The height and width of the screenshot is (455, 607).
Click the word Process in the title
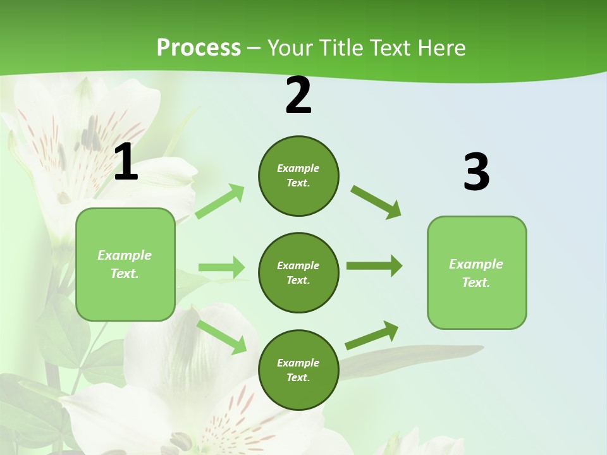199,48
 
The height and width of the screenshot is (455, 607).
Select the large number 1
126,162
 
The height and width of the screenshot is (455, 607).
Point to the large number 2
298,96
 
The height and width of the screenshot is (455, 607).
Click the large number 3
476,173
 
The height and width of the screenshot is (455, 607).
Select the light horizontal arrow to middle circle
221,267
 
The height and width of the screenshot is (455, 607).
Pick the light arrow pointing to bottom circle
222,337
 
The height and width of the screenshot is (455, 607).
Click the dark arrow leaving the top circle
376,202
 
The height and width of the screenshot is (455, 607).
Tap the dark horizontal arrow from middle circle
374,266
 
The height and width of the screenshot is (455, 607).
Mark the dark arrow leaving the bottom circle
372,336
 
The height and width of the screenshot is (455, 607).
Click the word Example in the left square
125,255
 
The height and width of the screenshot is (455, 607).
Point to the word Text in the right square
476,282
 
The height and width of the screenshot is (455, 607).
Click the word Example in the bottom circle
298,363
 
